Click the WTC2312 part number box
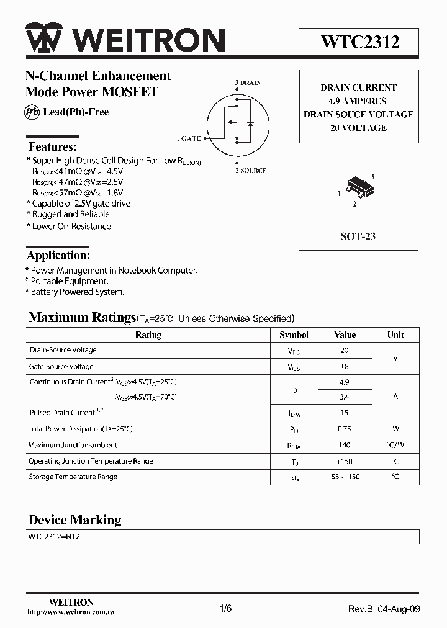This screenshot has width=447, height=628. click(359, 42)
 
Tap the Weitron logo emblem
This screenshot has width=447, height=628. click(43, 40)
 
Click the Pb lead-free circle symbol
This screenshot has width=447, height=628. click(32, 112)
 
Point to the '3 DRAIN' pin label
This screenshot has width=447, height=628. click(248, 83)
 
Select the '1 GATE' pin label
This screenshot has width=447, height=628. click(188, 138)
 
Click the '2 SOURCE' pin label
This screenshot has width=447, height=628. click(250, 171)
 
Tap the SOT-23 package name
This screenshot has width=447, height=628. click(358, 236)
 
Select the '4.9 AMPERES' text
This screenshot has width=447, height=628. click(358, 101)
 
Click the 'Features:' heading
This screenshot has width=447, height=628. click(53, 147)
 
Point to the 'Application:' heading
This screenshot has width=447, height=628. click(59, 255)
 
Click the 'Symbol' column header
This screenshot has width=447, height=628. click(294, 334)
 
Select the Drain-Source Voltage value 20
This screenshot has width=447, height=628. click(345, 350)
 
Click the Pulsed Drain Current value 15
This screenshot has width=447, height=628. click(345, 413)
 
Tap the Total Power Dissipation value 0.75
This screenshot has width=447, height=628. click(345, 429)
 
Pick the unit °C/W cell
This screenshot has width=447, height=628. click(395, 445)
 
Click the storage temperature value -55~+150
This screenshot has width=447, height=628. click(345, 477)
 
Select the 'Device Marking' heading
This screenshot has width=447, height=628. click(74, 519)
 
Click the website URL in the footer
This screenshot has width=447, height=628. click(71, 612)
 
